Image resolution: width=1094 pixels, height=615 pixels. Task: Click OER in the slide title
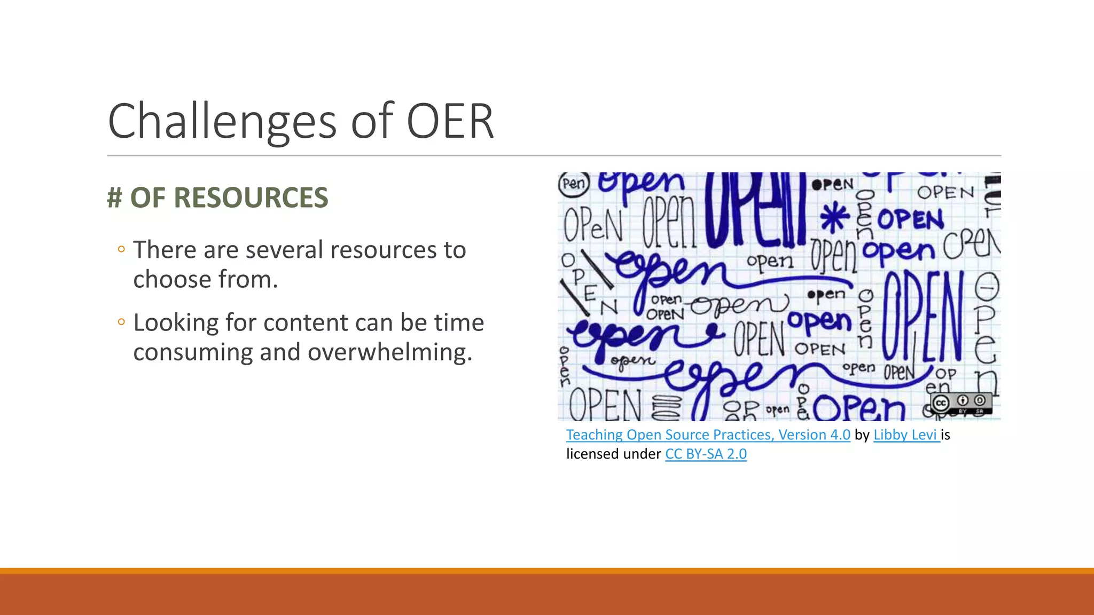(x=450, y=122)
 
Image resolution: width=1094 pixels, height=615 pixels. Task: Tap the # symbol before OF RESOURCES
(x=114, y=198)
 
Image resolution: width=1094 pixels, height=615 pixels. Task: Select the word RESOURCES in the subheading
(x=251, y=198)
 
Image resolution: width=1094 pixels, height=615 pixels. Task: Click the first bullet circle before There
(x=121, y=249)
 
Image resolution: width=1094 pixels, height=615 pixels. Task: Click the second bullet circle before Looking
(x=121, y=322)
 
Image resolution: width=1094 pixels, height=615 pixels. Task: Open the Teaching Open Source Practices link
(x=708, y=435)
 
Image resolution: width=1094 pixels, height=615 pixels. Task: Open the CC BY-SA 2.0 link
(x=706, y=454)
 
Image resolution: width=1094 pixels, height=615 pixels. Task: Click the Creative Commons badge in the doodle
(x=960, y=403)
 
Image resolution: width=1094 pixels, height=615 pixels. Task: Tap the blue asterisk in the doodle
(x=834, y=218)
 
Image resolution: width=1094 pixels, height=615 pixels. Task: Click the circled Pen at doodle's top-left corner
(x=573, y=184)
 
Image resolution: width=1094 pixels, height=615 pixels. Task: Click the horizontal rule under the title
(x=553, y=156)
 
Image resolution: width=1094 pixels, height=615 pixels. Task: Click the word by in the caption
(x=862, y=435)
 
